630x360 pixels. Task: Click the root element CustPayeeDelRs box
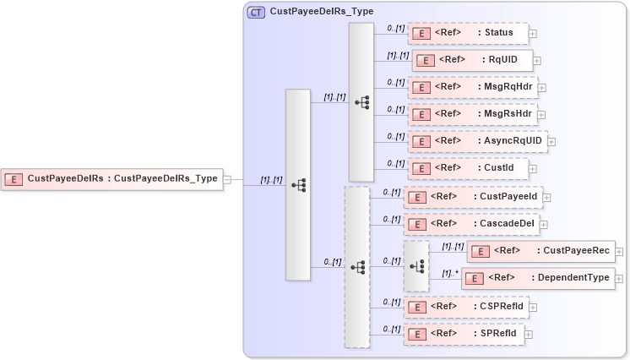(x=111, y=178)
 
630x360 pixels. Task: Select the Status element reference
(x=468, y=33)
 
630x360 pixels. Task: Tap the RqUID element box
(x=472, y=60)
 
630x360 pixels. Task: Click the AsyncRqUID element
(x=476, y=141)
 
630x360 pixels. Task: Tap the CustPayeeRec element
(x=541, y=251)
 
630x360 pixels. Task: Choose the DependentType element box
(x=538, y=278)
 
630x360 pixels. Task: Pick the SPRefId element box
(x=464, y=333)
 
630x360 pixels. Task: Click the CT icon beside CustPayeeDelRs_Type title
(x=256, y=12)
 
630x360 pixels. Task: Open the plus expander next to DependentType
(x=620, y=278)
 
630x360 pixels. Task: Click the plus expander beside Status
(x=533, y=34)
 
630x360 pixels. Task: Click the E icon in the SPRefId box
(x=415, y=333)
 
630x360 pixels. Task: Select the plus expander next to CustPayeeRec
(x=620, y=251)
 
